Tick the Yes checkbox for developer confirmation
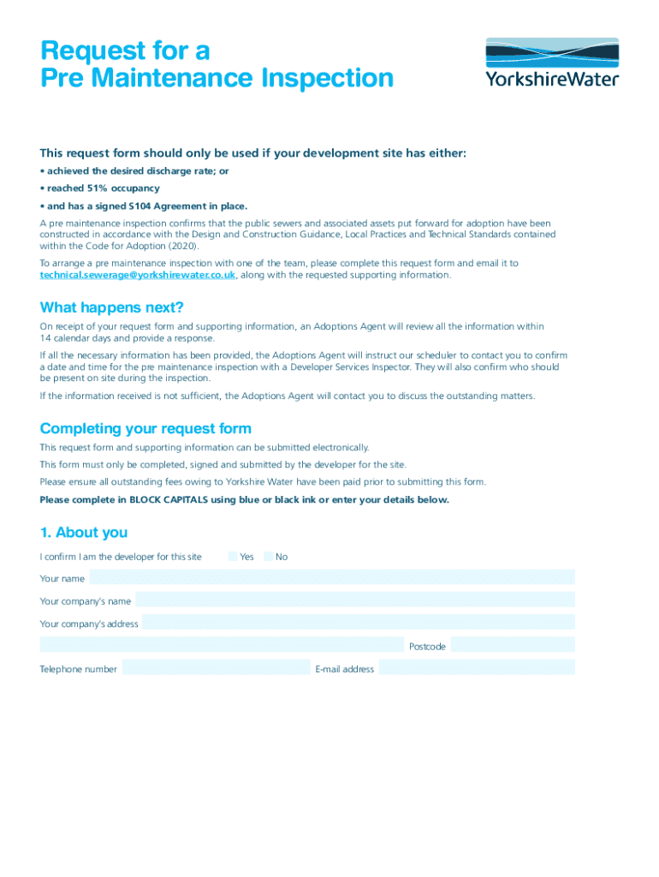point(233,557)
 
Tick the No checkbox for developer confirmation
point(269,557)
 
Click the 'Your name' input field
point(332,578)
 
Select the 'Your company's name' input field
point(354,600)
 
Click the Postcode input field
point(513,646)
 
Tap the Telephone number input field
point(216,668)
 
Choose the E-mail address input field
point(477,668)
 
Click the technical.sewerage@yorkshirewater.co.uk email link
point(138,275)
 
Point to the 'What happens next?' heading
point(112,307)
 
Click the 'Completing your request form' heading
point(145,428)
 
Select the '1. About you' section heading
point(84,533)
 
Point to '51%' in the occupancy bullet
point(95,188)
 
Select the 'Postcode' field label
point(427,647)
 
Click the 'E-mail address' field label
point(345,669)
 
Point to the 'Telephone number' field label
point(79,669)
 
